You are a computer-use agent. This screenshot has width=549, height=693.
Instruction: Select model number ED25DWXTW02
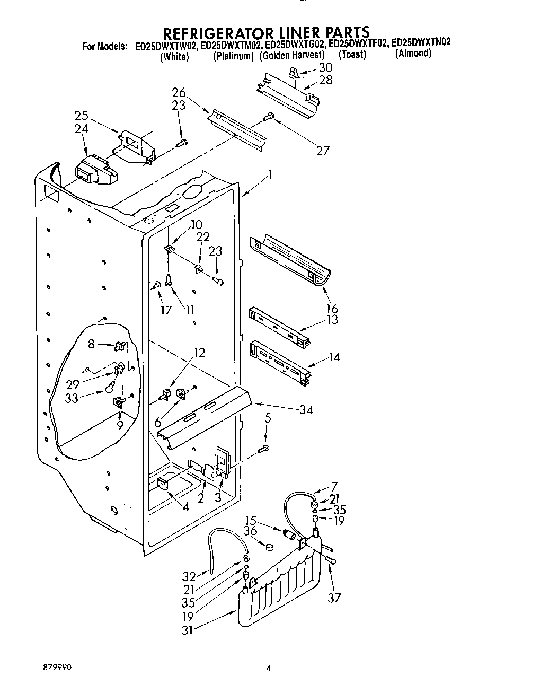[166, 46]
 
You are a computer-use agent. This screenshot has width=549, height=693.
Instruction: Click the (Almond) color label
[413, 54]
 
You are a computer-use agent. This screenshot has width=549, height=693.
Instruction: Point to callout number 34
[306, 409]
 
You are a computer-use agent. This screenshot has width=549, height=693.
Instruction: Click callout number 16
[332, 309]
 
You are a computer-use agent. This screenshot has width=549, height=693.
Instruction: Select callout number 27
[323, 150]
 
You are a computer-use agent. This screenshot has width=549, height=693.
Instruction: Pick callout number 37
[334, 598]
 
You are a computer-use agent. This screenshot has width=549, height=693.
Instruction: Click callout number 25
[81, 116]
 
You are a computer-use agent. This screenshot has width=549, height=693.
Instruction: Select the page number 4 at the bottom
[269, 669]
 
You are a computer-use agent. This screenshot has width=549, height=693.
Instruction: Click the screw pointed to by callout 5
[263, 449]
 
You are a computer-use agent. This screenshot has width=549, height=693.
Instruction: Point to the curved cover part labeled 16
[291, 260]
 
